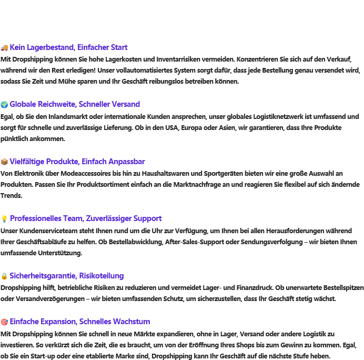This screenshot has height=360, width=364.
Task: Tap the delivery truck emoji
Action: point(4,47)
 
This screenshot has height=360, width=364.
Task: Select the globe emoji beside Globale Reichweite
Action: point(4,104)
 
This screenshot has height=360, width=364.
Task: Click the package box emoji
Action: point(4,162)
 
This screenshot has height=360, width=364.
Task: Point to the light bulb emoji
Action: point(4,218)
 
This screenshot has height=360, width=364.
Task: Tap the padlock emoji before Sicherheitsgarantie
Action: point(4,276)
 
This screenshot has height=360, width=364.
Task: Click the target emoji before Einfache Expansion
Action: point(4,322)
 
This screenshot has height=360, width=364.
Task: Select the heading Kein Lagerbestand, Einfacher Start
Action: point(68,47)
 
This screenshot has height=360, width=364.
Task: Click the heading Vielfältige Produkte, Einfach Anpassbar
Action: point(77,162)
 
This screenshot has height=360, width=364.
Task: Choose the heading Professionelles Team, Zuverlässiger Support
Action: point(86,218)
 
